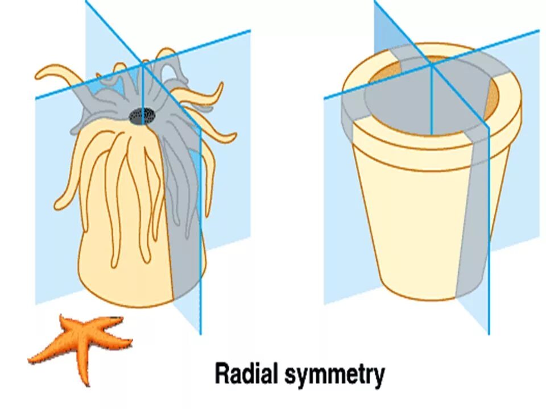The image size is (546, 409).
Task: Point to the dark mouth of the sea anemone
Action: click(142, 116)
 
